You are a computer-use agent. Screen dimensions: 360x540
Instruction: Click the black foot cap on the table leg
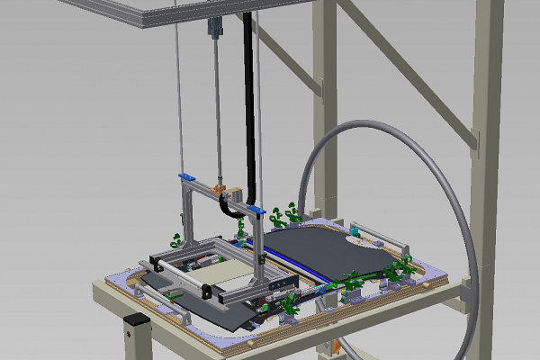pos(135,319)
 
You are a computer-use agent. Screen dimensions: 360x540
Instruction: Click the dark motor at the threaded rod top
pos(214,29)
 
